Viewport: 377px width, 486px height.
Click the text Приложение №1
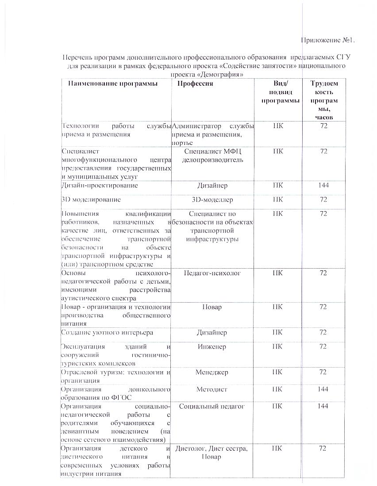coord(328,41)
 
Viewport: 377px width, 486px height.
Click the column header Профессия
coord(195,84)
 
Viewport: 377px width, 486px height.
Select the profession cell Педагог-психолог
coord(212,273)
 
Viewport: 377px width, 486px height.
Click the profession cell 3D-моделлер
coord(212,200)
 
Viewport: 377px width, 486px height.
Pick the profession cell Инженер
coord(212,347)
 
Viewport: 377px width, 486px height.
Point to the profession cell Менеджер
coord(212,372)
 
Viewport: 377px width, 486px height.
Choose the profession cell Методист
coord(212,389)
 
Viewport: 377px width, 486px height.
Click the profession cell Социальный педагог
coord(212,406)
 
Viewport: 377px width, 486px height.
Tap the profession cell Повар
coord(212,307)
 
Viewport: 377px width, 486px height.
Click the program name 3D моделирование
coord(91,200)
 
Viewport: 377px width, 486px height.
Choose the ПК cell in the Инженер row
coord(278,347)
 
